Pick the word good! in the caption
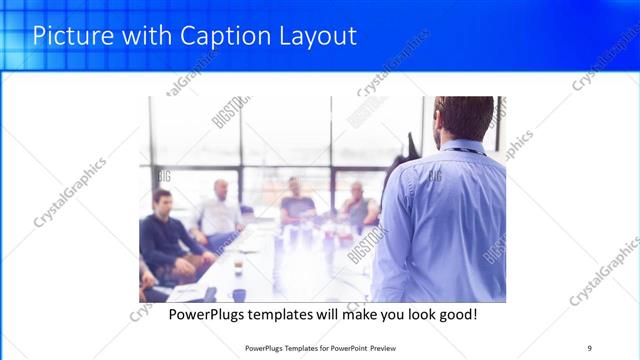click(x=454, y=314)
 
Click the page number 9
click(x=590, y=347)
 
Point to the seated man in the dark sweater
click(x=167, y=235)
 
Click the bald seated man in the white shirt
click(x=220, y=210)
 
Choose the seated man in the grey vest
click(x=357, y=205)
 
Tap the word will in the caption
click(x=327, y=314)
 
